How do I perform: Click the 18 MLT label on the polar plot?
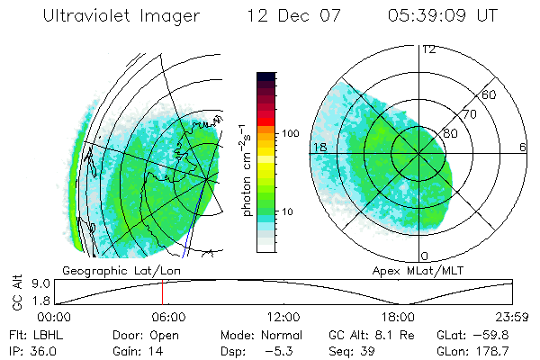pyautogui.click(x=318, y=147)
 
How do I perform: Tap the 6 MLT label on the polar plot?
pyautogui.click(x=523, y=147)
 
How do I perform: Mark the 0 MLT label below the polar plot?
pyautogui.click(x=424, y=256)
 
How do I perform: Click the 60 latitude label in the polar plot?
pyautogui.click(x=489, y=94)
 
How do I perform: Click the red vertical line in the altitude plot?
pyautogui.click(x=162, y=292)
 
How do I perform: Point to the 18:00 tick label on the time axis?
pyautogui.click(x=398, y=317)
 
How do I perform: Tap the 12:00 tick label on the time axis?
pyautogui.click(x=283, y=317)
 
